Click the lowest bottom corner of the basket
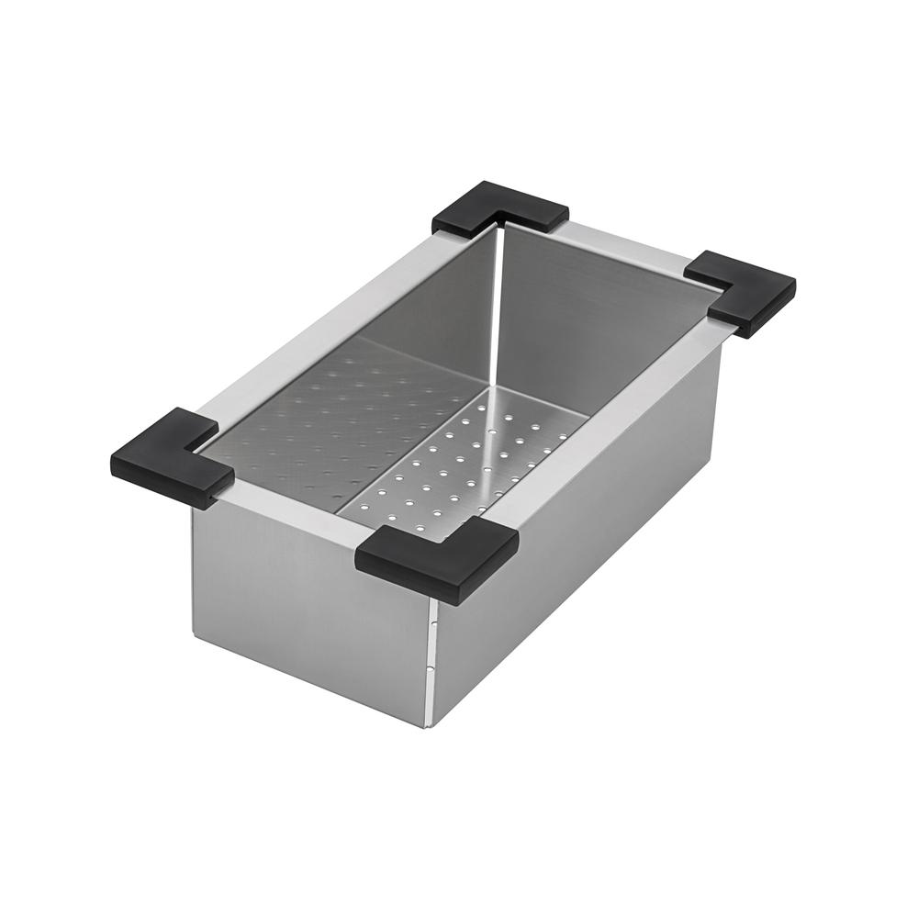[x=429, y=726]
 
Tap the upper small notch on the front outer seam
[x=431, y=624]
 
